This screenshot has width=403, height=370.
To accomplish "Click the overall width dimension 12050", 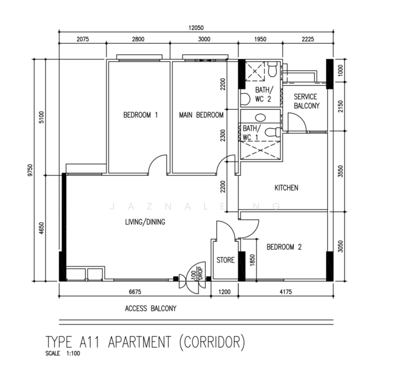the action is (196, 28).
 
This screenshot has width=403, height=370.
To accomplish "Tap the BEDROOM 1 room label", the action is (140, 115).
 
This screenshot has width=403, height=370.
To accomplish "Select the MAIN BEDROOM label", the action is (201, 115).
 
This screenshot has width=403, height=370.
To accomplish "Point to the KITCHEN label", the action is (287, 188).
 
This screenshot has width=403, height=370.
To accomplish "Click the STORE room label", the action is (226, 260).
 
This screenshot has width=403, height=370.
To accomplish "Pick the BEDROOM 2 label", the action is (284, 247).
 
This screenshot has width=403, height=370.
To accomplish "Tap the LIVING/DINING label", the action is (145, 222).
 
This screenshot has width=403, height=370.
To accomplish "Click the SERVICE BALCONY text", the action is (307, 101).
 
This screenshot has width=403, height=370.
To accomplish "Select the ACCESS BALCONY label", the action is (150, 308).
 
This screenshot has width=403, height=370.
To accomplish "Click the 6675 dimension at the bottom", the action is (135, 292).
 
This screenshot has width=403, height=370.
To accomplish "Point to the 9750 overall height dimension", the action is (30, 170).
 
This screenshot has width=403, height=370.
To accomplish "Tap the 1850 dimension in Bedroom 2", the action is (252, 260).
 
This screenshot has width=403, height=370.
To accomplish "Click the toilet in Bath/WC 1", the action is (272, 133).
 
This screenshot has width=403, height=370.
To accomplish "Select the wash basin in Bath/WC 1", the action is (261, 118).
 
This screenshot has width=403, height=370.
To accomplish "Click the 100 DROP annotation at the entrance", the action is (197, 274).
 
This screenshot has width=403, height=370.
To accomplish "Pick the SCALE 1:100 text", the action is (63, 353).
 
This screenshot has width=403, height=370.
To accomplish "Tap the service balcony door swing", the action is (299, 119).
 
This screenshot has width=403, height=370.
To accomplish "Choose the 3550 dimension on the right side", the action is (341, 171).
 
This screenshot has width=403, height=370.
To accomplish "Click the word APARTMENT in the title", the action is (139, 342).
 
